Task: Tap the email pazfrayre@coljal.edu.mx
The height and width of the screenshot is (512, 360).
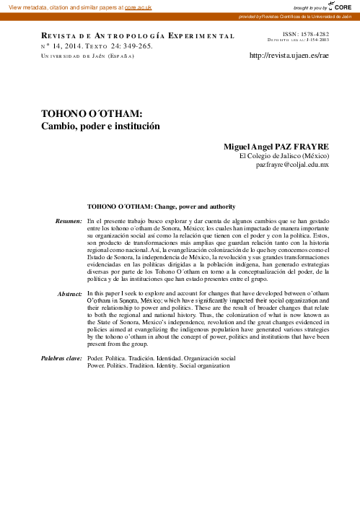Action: pos(292,165)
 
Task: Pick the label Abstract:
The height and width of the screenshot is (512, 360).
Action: pos(70,314)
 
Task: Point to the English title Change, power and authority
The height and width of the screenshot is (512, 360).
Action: pos(189,207)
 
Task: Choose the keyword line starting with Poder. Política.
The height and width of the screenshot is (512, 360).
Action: pos(161,357)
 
